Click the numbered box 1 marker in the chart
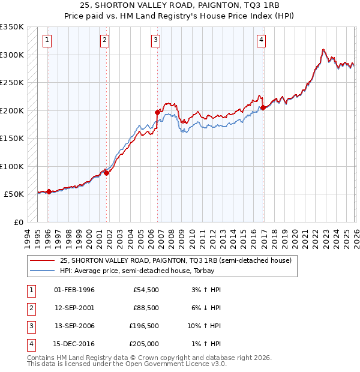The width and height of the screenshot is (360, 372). pos(47,40)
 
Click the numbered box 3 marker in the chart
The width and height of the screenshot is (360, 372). pos(155,40)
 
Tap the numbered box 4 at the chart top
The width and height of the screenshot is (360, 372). pos(262,40)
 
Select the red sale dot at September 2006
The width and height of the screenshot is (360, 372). pos(157,112)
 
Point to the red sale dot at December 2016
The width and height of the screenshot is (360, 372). pos(263,108)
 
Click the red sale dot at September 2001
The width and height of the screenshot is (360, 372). pos(106,173)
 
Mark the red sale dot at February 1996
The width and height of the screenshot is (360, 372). pos(49,192)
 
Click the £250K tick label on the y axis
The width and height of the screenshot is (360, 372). pos(12,82)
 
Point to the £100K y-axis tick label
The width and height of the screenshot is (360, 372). pos(12,166)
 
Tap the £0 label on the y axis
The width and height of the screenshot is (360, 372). pos(18,223)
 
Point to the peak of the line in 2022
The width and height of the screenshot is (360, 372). pos(323,49)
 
